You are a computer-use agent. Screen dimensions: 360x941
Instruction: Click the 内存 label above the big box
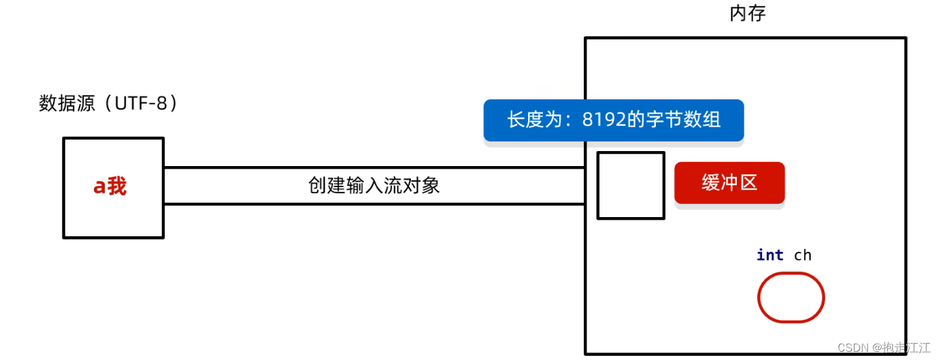click(x=748, y=14)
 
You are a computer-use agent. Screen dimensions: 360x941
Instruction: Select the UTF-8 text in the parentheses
click(x=140, y=103)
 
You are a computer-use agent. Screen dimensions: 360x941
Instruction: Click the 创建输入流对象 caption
click(x=374, y=186)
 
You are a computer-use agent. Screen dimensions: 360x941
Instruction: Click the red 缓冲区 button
click(x=729, y=182)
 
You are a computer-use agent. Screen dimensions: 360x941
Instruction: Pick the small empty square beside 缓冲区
click(x=631, y=185)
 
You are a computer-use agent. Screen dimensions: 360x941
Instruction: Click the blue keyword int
click(x=770, y=255)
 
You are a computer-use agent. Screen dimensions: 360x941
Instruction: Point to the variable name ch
click(x=803, y=255)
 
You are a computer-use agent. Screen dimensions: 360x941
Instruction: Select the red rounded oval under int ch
click(x=791, y=297)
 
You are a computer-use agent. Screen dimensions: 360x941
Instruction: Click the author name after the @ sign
click(x=906, y=348)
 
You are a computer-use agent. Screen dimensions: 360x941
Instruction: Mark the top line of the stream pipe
click(x=374, y=167)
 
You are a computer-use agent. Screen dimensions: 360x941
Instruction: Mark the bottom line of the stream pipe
click(x=374, y=203)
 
